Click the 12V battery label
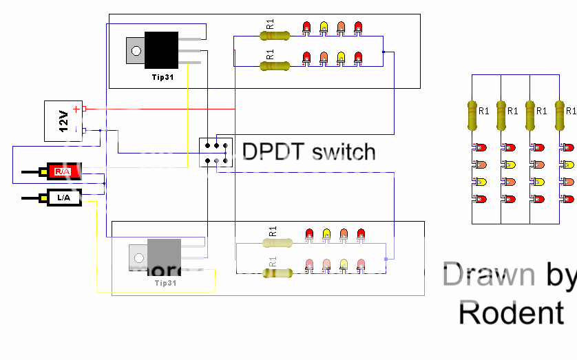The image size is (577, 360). (63, 121)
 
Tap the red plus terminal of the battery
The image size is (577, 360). (76, 109)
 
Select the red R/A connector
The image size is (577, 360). (63, 170)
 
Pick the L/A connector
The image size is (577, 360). (63, 198)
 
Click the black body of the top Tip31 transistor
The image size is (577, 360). (161, 50)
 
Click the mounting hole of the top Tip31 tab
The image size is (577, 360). (136, 50)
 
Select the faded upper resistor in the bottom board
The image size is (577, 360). (277, 242)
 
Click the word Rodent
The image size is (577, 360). (511, 313)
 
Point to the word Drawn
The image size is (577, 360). (488, 274)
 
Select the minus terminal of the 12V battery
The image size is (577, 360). (76, 129)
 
